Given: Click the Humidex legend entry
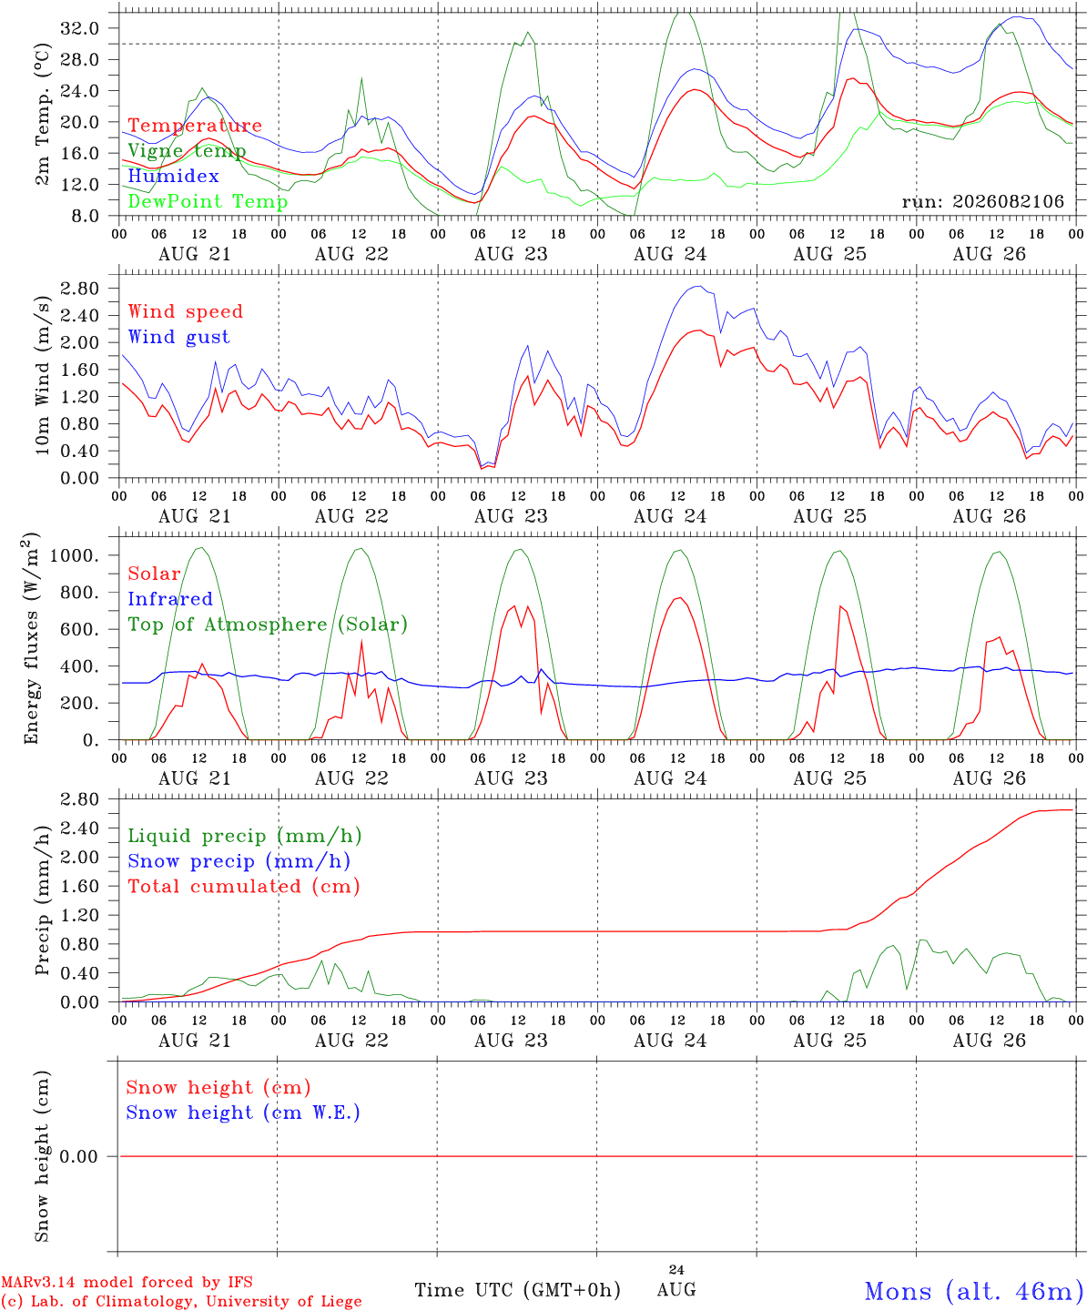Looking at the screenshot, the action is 173,176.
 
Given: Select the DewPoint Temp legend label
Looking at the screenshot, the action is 208,201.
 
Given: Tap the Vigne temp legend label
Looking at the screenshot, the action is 187,151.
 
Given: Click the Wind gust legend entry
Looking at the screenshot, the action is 179,337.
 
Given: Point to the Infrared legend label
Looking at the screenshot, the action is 170,599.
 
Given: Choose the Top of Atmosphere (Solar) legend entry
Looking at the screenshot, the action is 268,625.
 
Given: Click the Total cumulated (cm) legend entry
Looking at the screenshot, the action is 244,887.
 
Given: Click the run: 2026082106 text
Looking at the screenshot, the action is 982,201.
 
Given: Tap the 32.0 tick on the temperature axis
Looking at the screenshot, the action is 79,28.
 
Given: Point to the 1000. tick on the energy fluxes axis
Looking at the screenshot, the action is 75,555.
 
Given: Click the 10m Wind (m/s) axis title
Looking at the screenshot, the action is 42,375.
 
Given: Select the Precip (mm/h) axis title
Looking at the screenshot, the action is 42,900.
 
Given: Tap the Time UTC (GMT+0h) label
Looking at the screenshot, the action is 517,1290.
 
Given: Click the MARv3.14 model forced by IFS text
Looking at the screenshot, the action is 127,1282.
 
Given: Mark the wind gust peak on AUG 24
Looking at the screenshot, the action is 698,286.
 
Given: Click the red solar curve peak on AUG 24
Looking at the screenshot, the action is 678,597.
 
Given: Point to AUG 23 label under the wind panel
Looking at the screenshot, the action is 511,516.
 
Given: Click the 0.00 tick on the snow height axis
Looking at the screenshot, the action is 78,1156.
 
